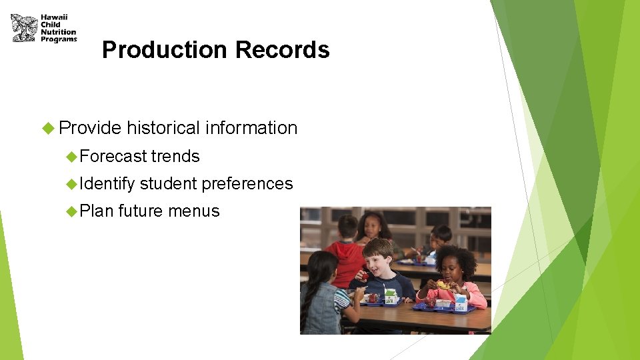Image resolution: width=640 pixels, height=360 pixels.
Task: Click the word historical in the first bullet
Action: pyautogui.click(x=163, y=127)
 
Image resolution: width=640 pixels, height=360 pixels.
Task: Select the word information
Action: pyautogui.click(x=251, y=127)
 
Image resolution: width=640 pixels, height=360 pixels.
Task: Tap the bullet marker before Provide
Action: pyautogui.click(x=47, y=127)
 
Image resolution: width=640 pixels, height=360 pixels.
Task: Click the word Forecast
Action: pyautogui.click(x=113, y=156)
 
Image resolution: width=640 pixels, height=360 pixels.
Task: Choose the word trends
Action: pyautogui.click(x=175, y=156)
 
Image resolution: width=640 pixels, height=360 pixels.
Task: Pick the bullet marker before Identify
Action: pyautogui.click(x=72, y=183)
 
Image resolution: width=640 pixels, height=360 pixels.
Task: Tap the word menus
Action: pyautogui.click(x=193, y=211)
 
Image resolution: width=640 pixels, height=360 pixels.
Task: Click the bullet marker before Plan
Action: pyautogui.click(x=72, y=211)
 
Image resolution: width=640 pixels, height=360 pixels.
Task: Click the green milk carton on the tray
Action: pyautogui.click(x=390, y=295)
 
